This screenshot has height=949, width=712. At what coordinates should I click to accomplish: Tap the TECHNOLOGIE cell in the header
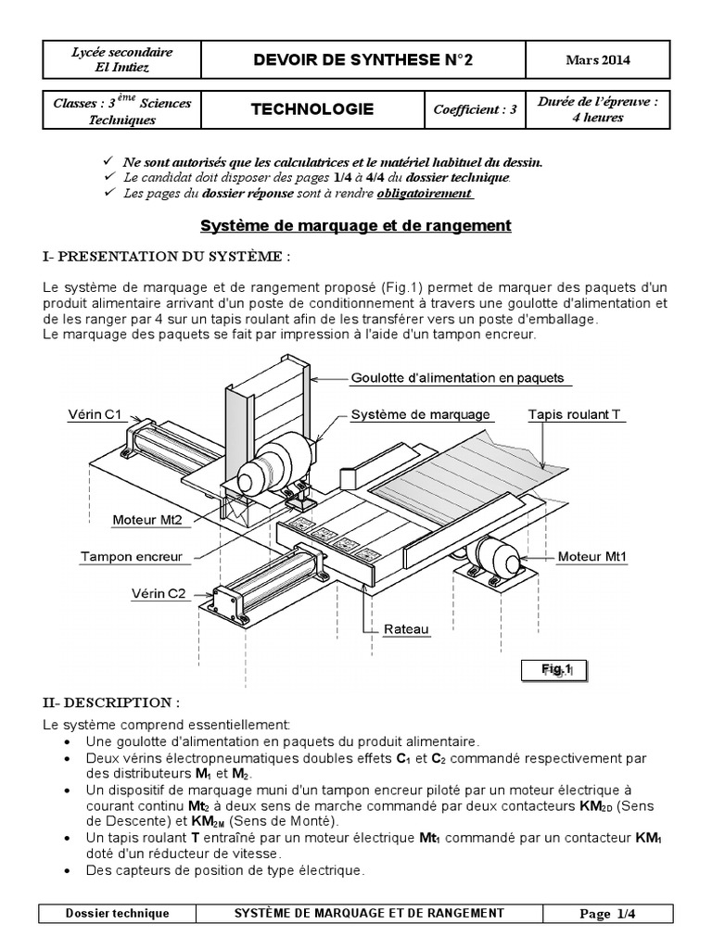coord(312,109)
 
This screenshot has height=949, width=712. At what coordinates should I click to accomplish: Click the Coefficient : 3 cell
coord(474,109)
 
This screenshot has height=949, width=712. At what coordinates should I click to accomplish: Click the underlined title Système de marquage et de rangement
coord(356,225)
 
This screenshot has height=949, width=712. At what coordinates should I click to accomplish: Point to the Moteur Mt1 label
coord(592,558)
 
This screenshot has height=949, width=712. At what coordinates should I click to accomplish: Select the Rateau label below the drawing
coord(408,629)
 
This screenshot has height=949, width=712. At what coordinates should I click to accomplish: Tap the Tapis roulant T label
coord(574,414)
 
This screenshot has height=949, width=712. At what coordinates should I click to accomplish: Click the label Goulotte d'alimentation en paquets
coord(457,378)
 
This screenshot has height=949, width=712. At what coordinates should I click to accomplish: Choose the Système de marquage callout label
coord(420,414)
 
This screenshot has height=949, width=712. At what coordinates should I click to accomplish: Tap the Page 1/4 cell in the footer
coord(611,913)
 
